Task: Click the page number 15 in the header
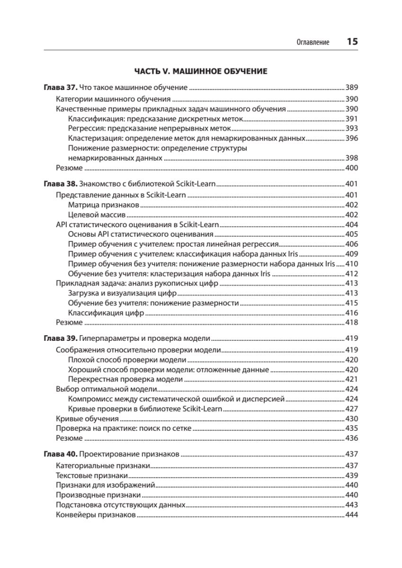(x=352, y=42)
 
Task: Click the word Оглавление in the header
(x=313, y=42)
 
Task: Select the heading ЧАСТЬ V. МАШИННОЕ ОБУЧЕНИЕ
(x=201, y=71)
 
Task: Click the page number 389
(x=351, y=88)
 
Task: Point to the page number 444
(x=351, y=515)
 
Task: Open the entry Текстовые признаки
(x=92, y=475)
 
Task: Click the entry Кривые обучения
(x=87, y=419)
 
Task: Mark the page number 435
(x=351, y=428)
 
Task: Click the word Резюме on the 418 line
(x=69, y=322)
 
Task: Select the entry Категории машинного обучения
(x=113, y=99)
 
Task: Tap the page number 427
(x=351, y=408)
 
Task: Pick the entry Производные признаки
(x=98, y=495)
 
